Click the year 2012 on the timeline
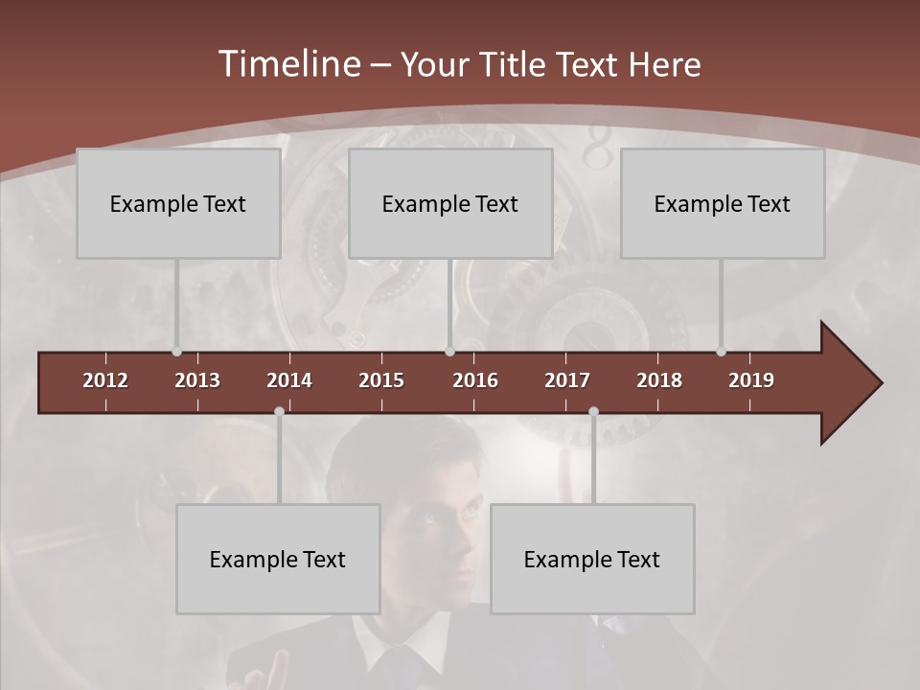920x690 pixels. (x=105, y=380)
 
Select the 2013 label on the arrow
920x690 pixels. (x=197, y=380)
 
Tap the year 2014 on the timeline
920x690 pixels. (x=289, y=380)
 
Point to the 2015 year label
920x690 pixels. (x=381, y=380)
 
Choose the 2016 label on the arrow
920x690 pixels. (x=475, y=380)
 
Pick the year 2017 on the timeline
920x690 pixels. (x=567, y=380)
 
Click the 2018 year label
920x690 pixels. (x=659, y=380)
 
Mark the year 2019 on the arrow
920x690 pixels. (x=751, y=380)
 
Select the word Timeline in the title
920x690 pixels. (x=289, y=64)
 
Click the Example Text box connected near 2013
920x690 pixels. (x=178, y=203)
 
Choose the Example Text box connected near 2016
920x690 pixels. (x=450, y=203)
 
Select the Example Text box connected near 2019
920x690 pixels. (x=723, y=203)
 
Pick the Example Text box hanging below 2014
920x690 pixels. (x=278, y=559)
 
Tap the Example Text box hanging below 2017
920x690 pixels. (x=592, y=559)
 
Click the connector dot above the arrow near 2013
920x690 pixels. (x=176, y=352)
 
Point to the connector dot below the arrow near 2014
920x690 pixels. (x=279, y=411)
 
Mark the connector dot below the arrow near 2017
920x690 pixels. (x=593, y=411)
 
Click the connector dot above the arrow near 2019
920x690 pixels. (x=721, y=352)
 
